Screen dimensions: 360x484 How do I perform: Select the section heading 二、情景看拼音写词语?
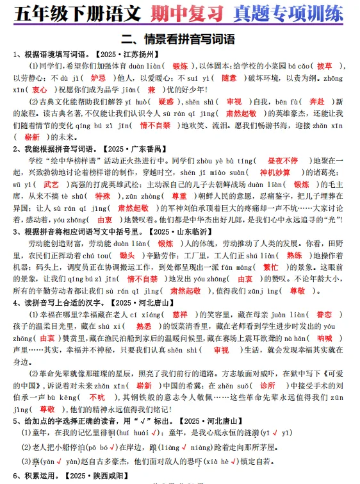click(179, 37)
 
